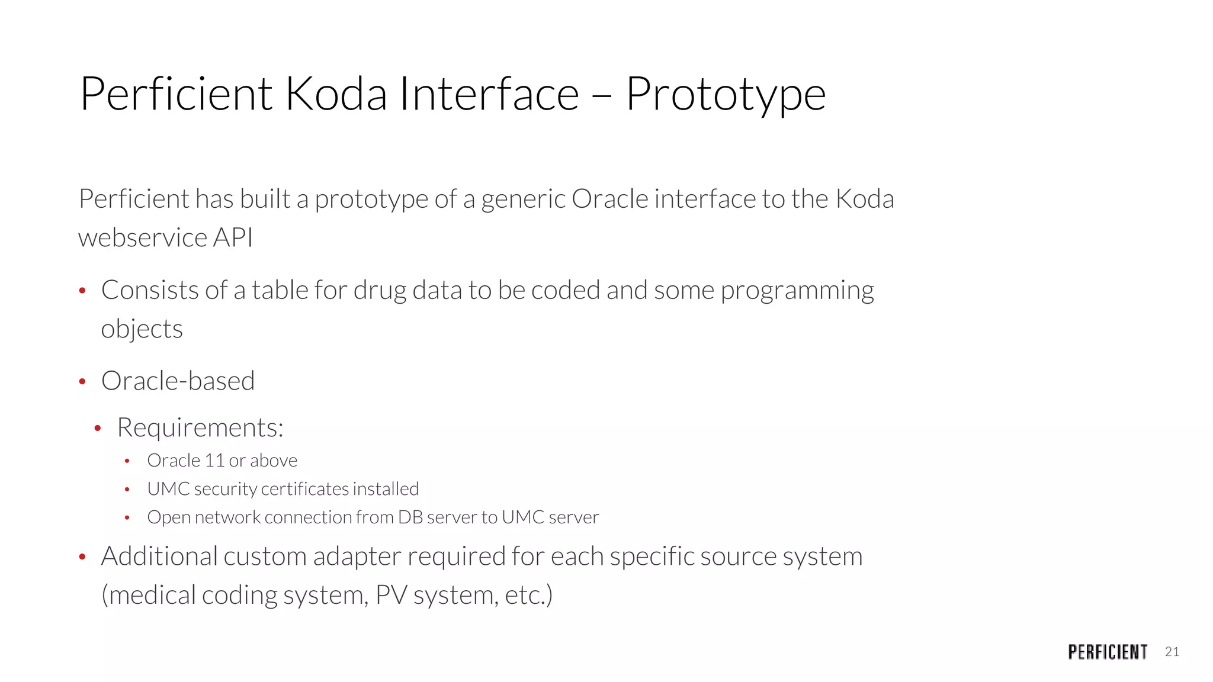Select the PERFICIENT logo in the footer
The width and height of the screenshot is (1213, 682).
tap(1108, 652)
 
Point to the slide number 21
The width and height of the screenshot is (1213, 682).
tap(1172, 652)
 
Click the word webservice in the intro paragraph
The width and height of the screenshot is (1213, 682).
tap(142, 238)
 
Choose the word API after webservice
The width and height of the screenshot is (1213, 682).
tap(233, 238)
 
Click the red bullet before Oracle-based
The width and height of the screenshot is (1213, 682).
tap(82, 381)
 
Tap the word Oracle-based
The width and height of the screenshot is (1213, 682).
tap(178, 381)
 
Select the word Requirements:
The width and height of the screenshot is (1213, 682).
tap(200, 428)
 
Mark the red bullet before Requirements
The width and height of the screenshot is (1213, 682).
tap(98, 428)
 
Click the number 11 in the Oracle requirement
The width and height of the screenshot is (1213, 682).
tap(214, 461)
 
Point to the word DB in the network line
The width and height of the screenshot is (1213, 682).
tap(410, 517)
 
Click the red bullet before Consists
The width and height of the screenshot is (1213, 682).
tap(82, 291)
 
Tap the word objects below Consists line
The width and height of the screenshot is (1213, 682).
tap(142, 329)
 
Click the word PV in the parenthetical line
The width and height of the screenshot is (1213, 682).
tap(391, 595)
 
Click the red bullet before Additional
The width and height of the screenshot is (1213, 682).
tap(82, 557)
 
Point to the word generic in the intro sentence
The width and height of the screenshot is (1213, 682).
tap(523, 200)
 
